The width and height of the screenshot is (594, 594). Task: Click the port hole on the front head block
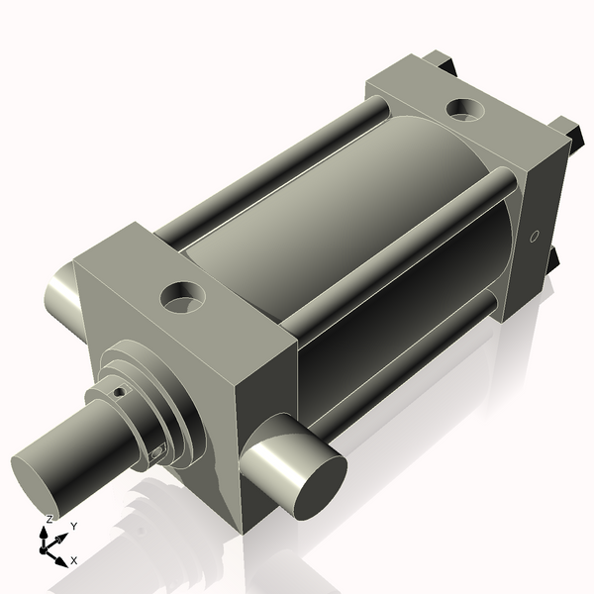[183, 297]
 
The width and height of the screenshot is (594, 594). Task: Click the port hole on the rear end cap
[465, 110]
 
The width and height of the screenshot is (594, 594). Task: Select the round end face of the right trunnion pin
[321, 487]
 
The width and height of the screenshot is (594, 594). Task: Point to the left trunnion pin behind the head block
[62, 295]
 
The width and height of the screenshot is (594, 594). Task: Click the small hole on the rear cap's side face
[534, 237]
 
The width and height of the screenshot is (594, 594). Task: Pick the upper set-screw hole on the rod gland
[121, 392]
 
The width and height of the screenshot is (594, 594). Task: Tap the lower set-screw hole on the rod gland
[156, 452]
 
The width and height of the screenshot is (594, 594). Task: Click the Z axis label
[49, 520]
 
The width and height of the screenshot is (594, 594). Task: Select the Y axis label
[74, 527]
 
